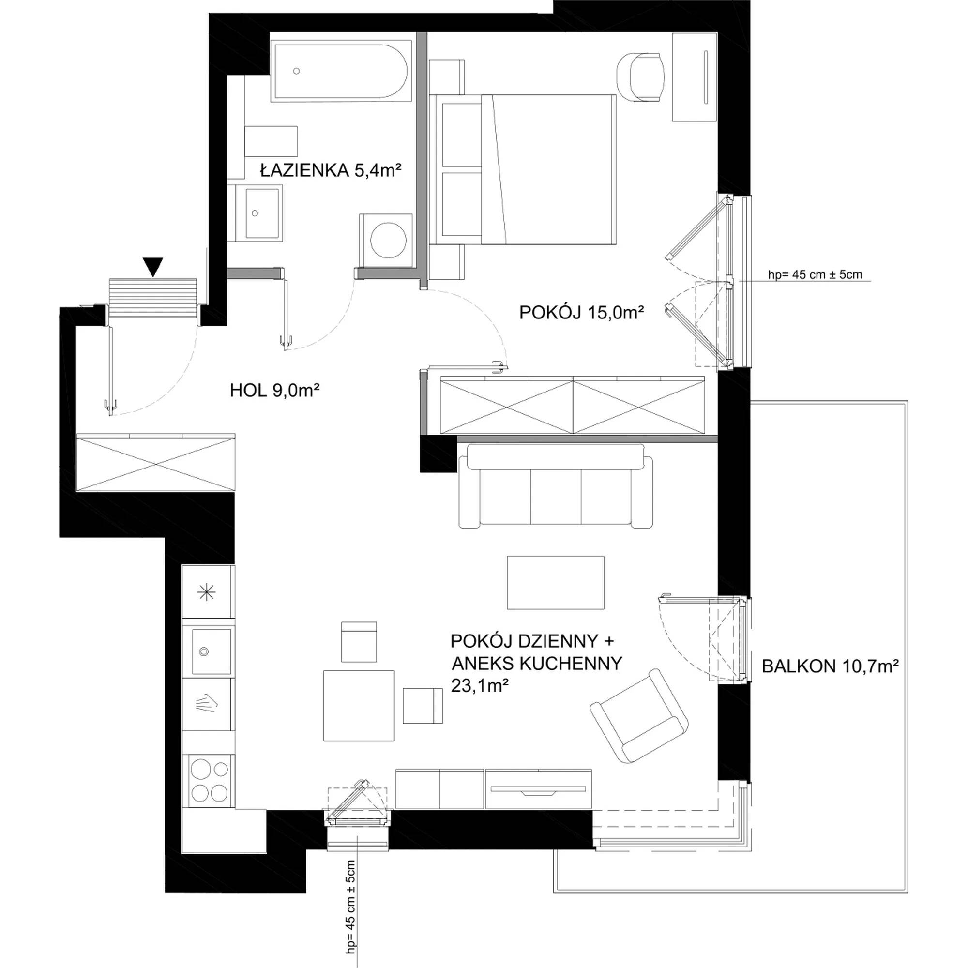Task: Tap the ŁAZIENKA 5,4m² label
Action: (x=331, y=171)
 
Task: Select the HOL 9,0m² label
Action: (x=274, y=390)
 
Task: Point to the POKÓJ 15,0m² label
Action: (x=581, y=313)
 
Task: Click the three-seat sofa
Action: (x=556, y=485)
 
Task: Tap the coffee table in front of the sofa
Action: (x=556, y=582)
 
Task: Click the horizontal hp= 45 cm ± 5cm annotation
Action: (x=815, y=274)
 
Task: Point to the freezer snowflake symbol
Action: (x=208, y=593)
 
